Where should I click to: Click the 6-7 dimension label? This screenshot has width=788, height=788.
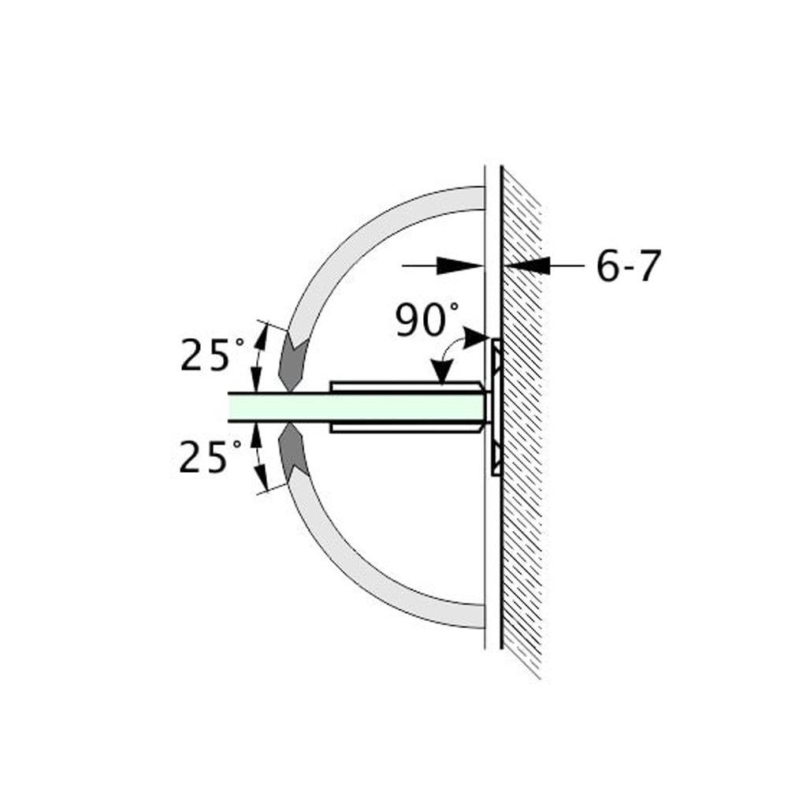pos(628,266)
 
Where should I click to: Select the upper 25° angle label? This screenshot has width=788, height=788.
pos(211,355)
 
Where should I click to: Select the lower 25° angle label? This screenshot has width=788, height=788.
pos(210,456)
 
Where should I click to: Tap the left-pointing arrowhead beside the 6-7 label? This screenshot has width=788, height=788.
pos(528,266)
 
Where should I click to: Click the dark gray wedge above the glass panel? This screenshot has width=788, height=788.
pos(293,362)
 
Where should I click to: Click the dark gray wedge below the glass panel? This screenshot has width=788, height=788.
pos(293,450)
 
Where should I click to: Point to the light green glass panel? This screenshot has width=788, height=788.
pos(357,407)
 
